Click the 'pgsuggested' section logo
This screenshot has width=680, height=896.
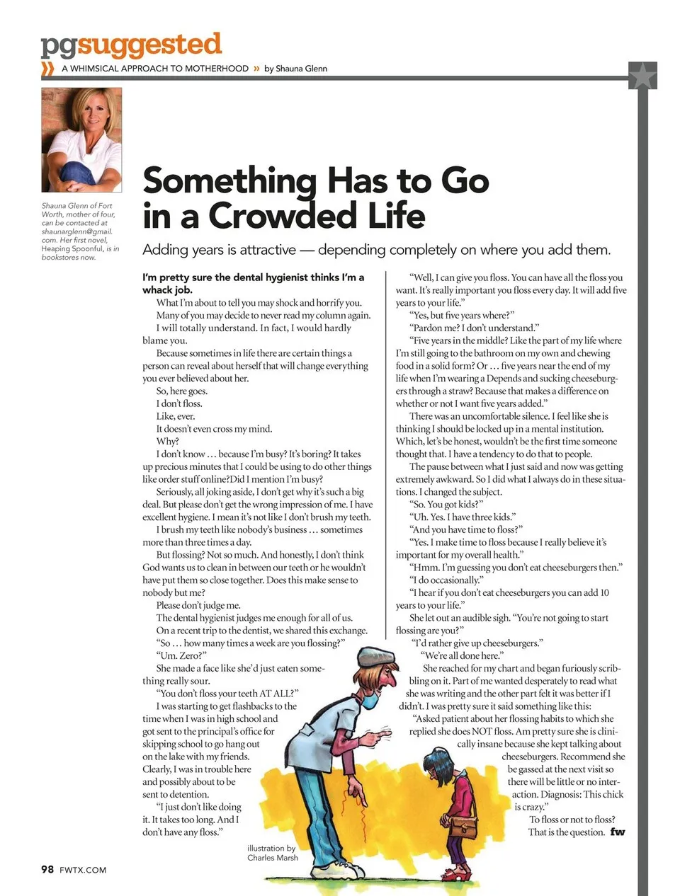[131, 45]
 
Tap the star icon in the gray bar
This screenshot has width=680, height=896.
[642, 76]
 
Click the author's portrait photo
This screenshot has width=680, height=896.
[81, 139]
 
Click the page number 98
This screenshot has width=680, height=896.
[47, 869]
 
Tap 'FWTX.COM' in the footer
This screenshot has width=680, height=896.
[83, 870]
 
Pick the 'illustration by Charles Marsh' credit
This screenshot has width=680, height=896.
[272, 852]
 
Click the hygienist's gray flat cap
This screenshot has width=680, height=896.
[377, 656]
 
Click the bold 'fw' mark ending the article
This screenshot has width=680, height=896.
[618, 832]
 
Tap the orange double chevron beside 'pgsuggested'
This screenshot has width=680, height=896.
[48, 69]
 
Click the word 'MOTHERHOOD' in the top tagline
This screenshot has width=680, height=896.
[220, 69]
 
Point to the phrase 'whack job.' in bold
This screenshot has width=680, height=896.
[167, 289]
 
